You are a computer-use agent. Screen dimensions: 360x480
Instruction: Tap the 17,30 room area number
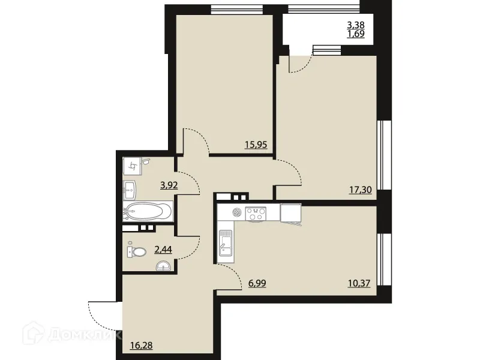point(359,190)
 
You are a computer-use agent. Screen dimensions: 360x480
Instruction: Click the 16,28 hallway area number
point(142,345)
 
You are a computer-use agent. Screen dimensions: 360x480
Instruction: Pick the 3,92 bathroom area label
point(169,185)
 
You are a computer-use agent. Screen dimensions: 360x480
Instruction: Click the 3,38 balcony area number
point(356,25)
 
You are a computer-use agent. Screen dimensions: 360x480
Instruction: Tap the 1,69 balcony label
point(356,34)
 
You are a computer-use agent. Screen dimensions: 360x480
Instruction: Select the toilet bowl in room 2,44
point(137,252)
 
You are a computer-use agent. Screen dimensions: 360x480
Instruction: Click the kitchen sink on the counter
point(226,242)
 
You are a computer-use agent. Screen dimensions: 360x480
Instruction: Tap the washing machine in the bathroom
point(134,165)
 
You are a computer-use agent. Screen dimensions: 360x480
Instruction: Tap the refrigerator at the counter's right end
point(290,212)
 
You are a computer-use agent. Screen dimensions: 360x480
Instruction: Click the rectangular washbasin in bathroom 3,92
point(131,190)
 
